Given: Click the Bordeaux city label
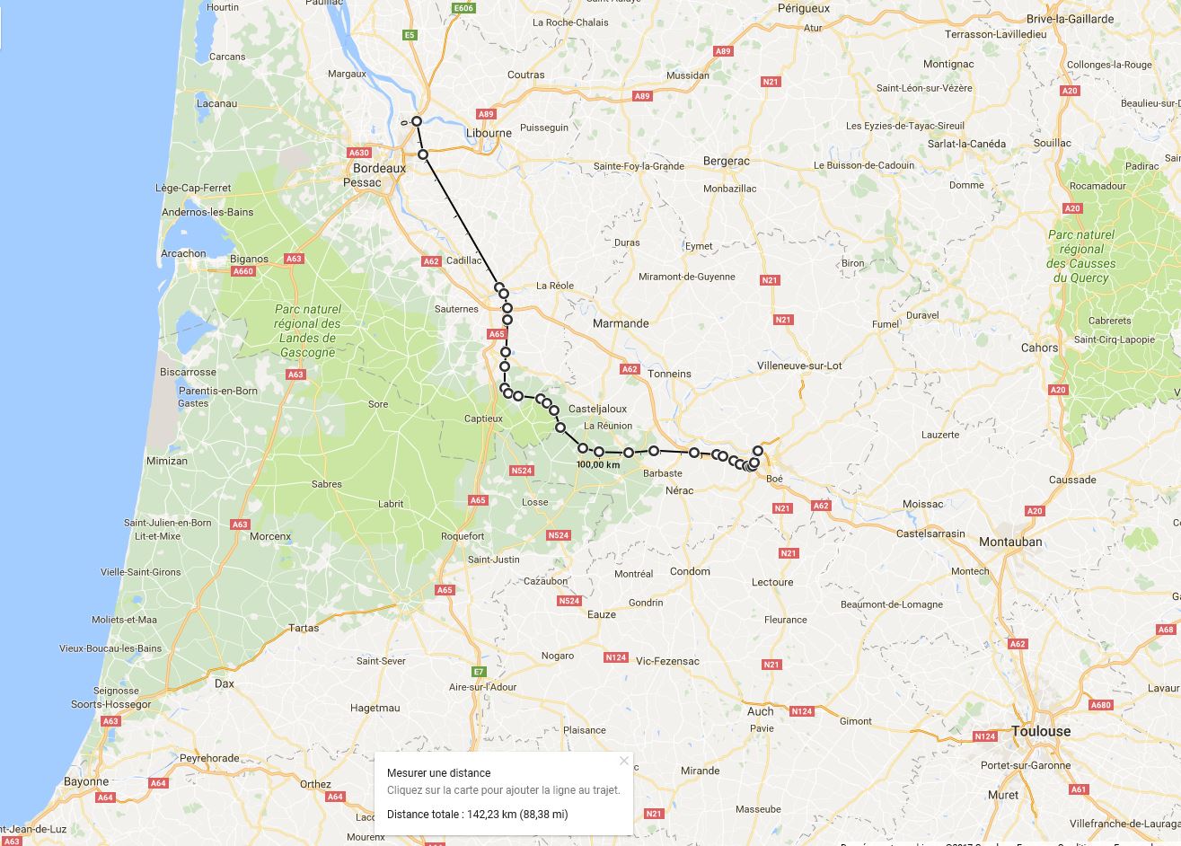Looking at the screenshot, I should click(379, 168).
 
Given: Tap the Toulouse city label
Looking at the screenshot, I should click(1041, 731).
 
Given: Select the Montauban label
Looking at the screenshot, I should click(1010, 542).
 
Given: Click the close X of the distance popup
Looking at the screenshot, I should click(624, 761).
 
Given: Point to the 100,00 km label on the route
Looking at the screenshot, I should click(598, 465).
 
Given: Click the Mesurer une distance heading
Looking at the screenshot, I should click(438, 773).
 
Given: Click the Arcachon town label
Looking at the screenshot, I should click(183, 253).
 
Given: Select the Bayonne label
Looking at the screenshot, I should click(86, 781).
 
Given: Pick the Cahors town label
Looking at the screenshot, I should click(1039, 348).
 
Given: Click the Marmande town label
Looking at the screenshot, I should click(620, 323).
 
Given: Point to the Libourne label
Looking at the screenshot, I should click(489, 133).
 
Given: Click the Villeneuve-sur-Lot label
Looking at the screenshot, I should click(799, 366).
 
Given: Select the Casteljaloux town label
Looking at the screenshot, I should click(597, 409).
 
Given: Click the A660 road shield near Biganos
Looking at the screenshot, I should click(242, 271).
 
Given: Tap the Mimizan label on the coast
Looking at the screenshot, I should click(166, 461).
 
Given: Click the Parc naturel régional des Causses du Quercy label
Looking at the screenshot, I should click(1081, 256).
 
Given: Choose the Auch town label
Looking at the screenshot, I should click(760, 711).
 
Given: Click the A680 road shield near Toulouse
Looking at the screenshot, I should click(1101, 705).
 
